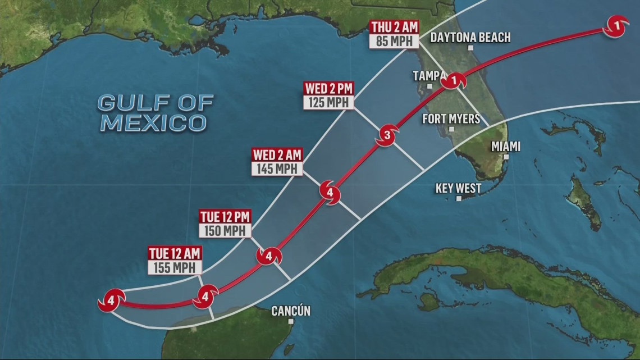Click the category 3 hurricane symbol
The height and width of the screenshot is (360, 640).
(x=386, y=135)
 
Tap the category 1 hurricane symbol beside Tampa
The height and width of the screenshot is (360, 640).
(x=453, y=81)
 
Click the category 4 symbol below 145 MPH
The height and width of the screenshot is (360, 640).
(x=330, y=193)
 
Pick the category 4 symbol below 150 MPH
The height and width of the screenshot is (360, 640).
(x=268, y=257)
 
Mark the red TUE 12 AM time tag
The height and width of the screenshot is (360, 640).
(x=174, y=253)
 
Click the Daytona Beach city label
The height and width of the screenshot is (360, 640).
(x=470, y=38)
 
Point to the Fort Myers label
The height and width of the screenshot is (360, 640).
(x=451, y=119)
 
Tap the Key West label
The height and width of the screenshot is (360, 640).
(x=458, y=188)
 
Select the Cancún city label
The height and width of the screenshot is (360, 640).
(x=290, y=311)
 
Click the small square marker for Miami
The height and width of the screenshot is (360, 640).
(x=506, y=157)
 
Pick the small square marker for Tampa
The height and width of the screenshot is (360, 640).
(x=429, y=86)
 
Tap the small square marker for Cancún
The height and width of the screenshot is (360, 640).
(x=291, y=321)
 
